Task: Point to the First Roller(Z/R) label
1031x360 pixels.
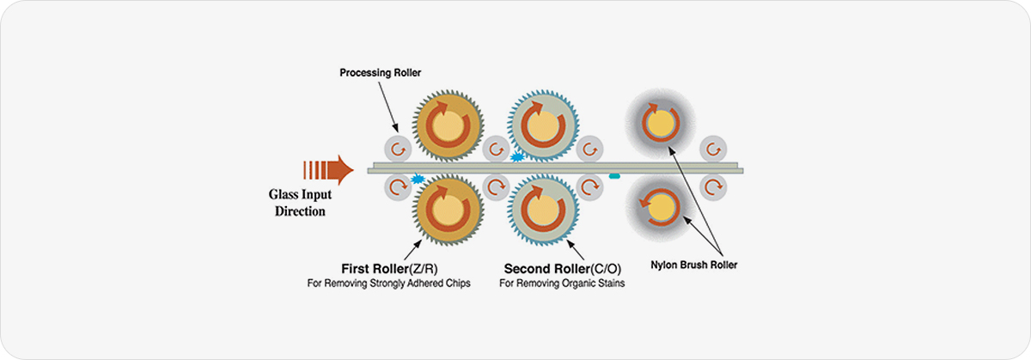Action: pyautogui.click(x=388, y=266)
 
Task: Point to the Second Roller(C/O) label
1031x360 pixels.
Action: pyautogui.click(x=562, y=266)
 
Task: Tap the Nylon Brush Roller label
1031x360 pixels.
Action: pyautogui.click(x=695, y=265)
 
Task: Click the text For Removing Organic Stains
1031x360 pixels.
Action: pyautogui.click(x=562, y=283)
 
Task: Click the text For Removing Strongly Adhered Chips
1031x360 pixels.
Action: pyautogui.click(x=388, y=283)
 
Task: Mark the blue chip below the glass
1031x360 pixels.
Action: pyautogui.click(x=418, y=179)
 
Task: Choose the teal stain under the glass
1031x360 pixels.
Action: pyautogui.click(x=615, y=177)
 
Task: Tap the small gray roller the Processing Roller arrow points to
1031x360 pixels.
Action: pyautogui.click(x=398, y=149)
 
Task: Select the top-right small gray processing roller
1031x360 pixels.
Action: pyautogui.click(x=711, y=149)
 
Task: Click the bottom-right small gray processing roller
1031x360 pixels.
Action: pyautogui.click(x=711, y=186)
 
